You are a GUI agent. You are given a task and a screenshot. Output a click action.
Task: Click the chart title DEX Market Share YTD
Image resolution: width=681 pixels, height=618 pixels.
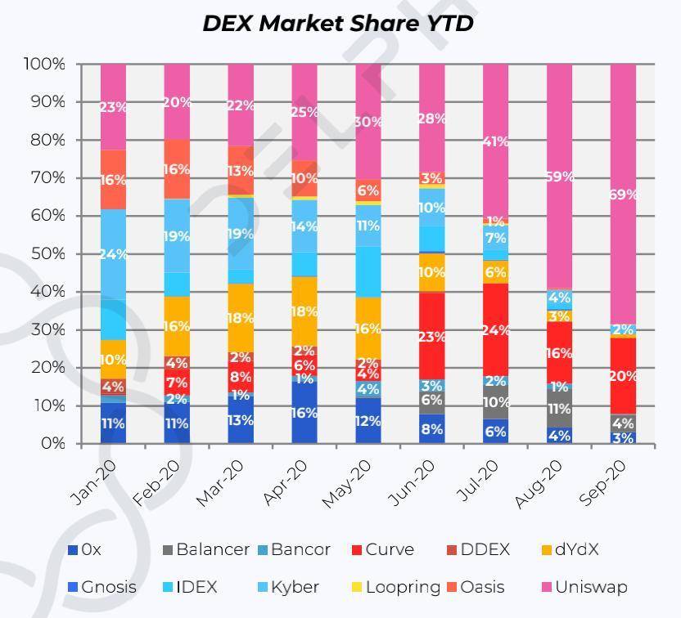click(x=338, y=23)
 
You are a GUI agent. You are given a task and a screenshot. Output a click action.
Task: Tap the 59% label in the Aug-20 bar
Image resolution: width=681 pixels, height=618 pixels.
click(x=559, y=177)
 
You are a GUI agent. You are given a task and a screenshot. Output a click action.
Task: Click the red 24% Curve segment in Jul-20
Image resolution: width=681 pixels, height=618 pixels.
click(x=496, y=329)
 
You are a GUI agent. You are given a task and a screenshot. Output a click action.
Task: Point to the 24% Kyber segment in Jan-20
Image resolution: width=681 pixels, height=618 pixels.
click(x=113, y=254)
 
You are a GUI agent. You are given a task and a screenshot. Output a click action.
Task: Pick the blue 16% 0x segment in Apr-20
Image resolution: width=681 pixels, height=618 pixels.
click(x=304, y=413)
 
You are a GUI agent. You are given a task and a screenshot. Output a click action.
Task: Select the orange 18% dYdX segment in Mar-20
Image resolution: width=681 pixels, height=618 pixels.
click(x=240, y=318)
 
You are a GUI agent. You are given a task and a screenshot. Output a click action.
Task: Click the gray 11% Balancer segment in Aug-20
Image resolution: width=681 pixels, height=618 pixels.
click(x=559, y=409)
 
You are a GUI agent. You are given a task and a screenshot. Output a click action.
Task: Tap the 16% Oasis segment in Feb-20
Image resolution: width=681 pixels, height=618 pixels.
click(x=177, y=169)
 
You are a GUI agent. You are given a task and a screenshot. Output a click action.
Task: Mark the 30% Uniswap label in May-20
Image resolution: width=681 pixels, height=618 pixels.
click(x=368, y=122)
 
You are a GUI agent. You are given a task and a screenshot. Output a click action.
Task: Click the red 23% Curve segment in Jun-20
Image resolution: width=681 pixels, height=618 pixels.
click(x=431, y=336)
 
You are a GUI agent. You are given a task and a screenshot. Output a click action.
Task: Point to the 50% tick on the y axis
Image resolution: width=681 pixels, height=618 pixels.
click(x=48, y=254)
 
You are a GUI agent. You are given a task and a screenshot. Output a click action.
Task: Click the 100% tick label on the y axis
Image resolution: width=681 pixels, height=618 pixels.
click(x=44, y=64)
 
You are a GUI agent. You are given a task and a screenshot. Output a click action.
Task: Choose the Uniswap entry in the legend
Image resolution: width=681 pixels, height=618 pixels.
click(x=590, y=587)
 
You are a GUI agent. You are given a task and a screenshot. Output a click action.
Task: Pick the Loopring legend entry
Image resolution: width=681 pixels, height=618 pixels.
click(x=402, y=587)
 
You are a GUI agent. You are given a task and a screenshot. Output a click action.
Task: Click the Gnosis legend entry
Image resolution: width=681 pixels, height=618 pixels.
click(x=108, y=587)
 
